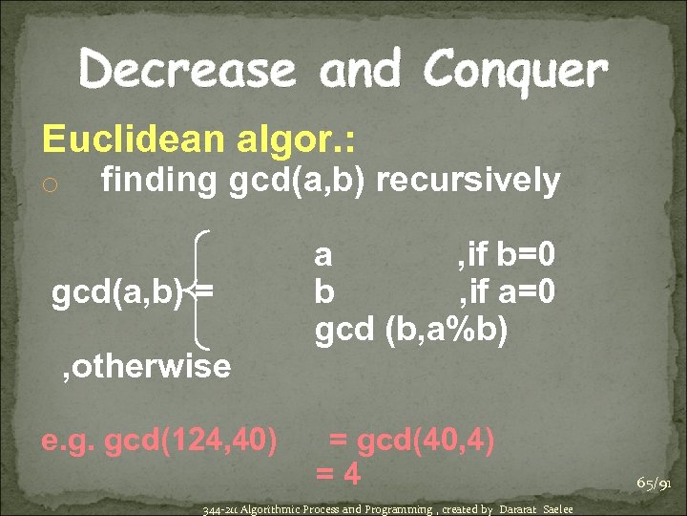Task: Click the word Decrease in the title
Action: [188, 70]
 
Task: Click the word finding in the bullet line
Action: [159, 180]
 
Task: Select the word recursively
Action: [465, 180]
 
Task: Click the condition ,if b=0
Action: [507, 255]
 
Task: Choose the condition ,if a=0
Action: [507, 290]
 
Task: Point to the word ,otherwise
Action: [144, 365]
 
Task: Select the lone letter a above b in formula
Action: [324, 255]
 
